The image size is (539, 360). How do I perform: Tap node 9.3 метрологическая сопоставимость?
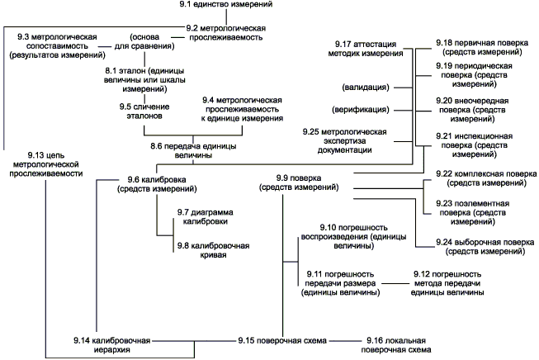[52, 46]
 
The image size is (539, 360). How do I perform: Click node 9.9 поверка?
[298, 182]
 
